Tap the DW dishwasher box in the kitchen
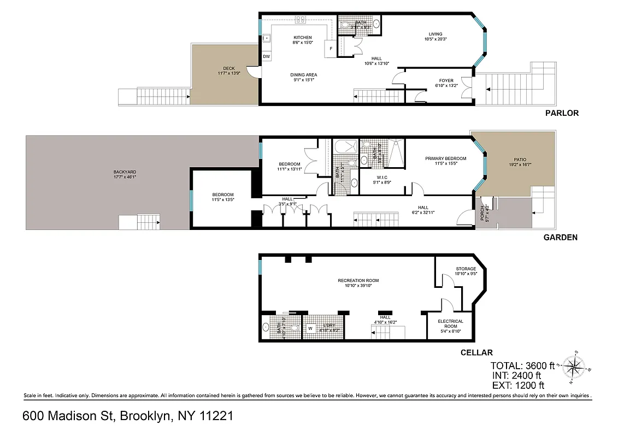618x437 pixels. click(x=267, y=57)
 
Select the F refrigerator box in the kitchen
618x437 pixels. click(x=331, y=49)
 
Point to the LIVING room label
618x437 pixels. click(x=435, y=34)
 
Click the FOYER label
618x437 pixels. click(x=446, y=81)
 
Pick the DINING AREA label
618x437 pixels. click(x=303, y=75)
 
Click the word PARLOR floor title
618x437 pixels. click(x=561, y=113)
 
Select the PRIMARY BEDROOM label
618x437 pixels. click(x=446, y=158)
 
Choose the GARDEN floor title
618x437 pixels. click(x=560, y=238)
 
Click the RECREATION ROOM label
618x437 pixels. click(x=358, y=281)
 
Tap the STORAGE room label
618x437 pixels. click(x=466, y=269)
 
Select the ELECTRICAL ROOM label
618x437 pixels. click(x=451, y=324)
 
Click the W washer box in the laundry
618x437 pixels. click(x=310, y=329)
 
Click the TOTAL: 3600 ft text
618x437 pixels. click(x=522, y=365)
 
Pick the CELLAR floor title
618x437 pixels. click(x=477, y=352)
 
